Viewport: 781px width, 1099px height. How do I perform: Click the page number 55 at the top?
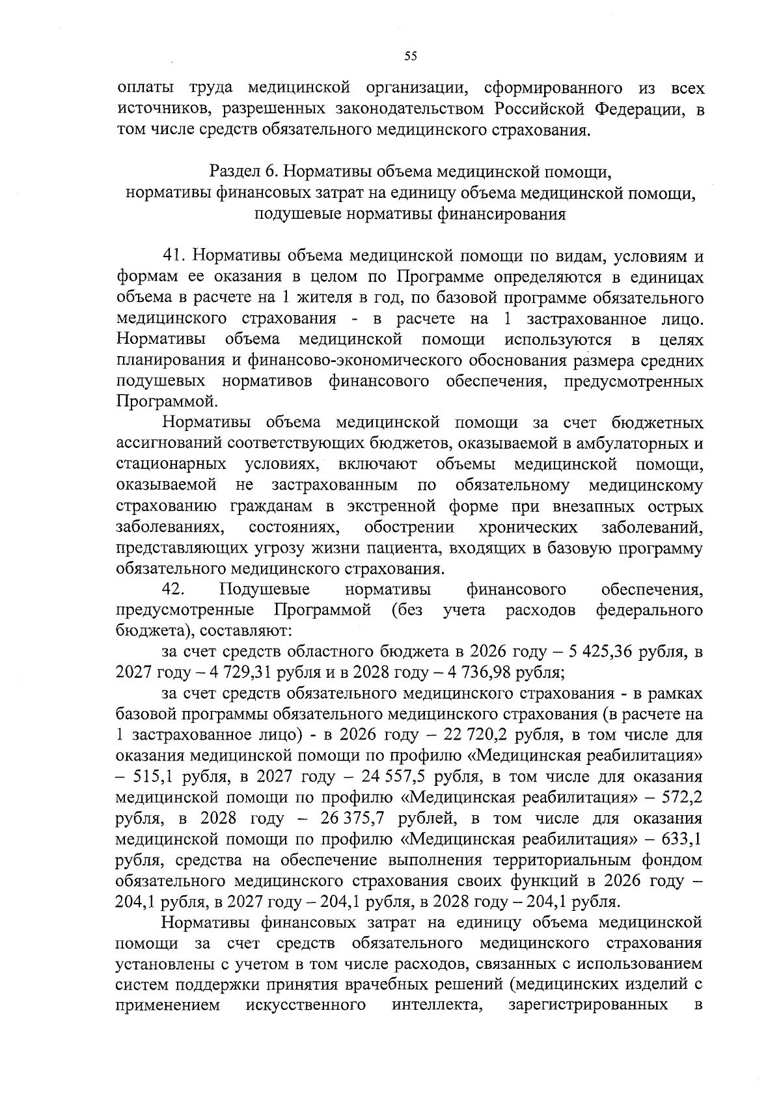[410, 57]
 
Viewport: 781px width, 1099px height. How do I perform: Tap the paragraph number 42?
[174, 590]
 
